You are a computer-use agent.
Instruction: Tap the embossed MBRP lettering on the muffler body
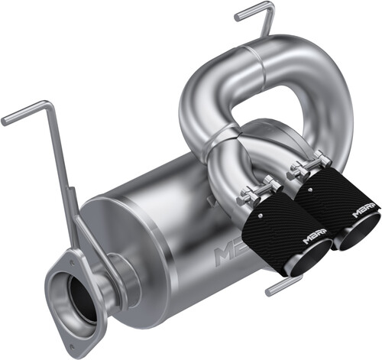click(230, 252)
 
